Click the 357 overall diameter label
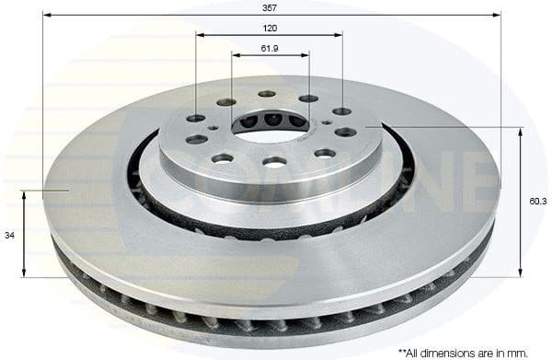click(270, 6)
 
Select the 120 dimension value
click(270, 28)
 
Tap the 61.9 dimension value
click(270, 47)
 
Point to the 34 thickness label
click(10, 236)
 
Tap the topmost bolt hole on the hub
click(267, 93)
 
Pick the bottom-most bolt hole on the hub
click(274, 162)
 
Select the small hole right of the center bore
click(326, 122)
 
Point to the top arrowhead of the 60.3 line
click(521, 132)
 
